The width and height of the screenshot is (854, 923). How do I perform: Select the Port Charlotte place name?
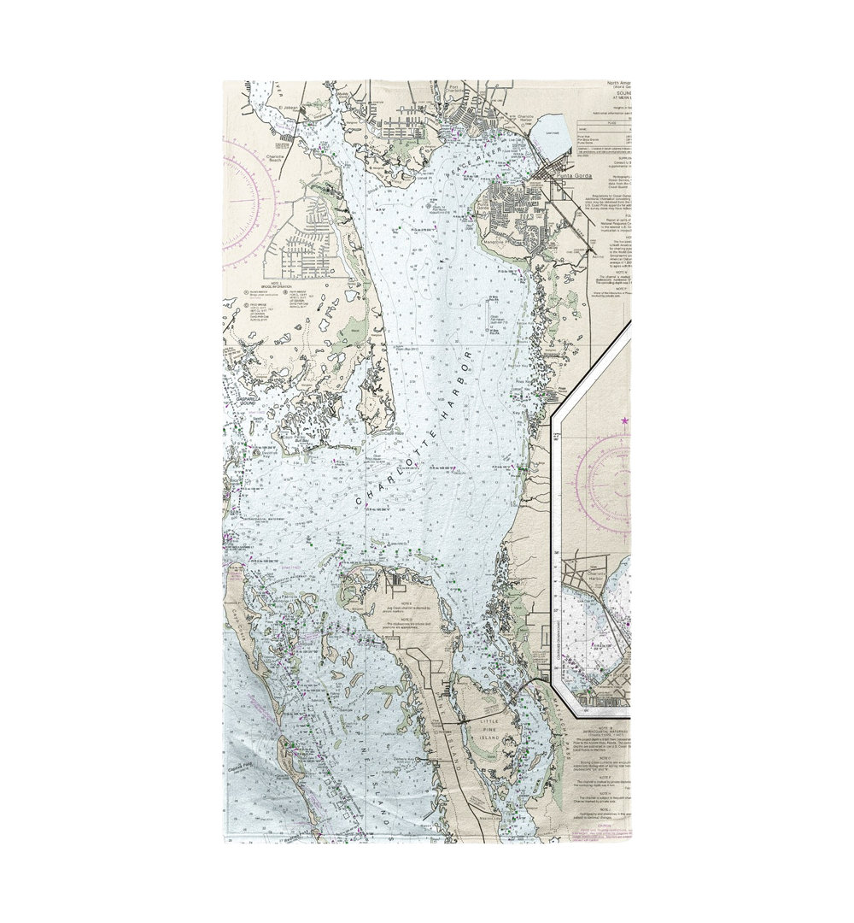tap(461, 89)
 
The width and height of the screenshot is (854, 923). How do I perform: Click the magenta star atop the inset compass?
tap(625, 420)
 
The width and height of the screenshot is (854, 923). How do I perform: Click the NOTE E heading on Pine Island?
tap(398, 602)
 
